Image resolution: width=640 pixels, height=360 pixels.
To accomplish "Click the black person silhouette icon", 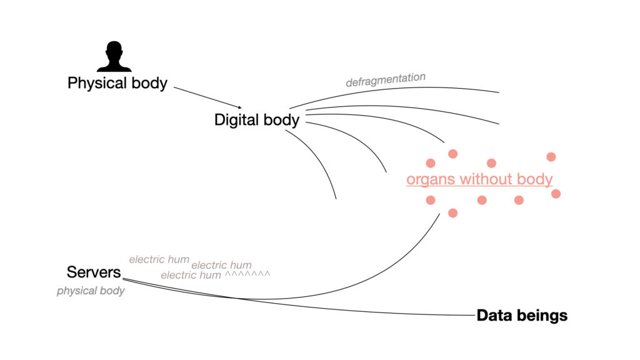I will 114,57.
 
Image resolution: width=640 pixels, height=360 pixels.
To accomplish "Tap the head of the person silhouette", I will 114,50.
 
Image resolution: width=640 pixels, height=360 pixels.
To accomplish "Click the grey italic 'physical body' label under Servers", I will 91,291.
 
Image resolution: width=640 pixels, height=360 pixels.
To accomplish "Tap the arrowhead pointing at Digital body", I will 239,107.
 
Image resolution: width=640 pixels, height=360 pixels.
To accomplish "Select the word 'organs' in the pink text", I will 431,180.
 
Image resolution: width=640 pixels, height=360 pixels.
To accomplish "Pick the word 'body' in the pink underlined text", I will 536,180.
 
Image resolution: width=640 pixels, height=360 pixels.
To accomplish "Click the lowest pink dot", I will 453,213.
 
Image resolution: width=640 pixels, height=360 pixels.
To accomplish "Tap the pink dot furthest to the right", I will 556,194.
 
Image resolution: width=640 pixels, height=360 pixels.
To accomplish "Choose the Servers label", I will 94,272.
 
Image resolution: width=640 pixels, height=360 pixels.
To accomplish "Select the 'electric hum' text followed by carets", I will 191,275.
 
